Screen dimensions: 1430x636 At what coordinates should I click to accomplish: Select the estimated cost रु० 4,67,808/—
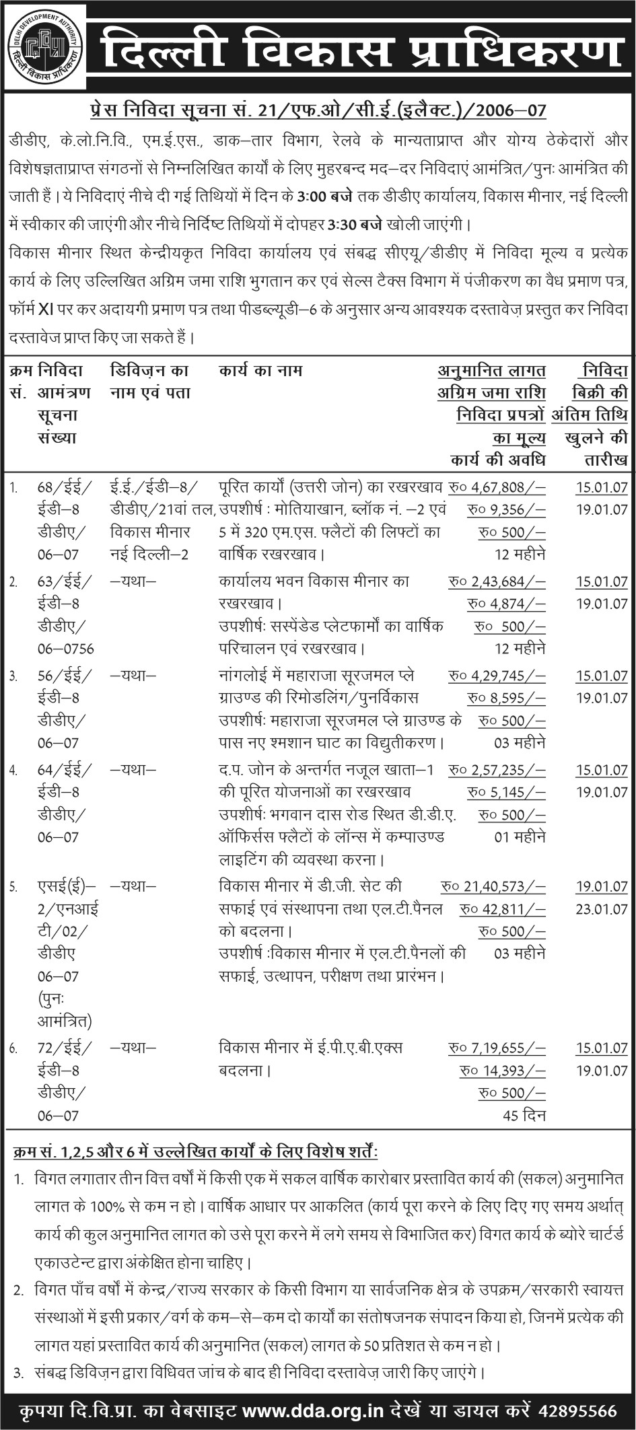click(497, 487)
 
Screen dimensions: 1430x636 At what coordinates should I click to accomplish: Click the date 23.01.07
click(602, 909)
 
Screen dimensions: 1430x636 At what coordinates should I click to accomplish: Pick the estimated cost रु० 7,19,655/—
click(497, 1048)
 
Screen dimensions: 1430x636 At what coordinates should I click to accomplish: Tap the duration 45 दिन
click(524, 1116)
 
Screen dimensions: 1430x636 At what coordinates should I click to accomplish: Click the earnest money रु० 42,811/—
click(502, 909)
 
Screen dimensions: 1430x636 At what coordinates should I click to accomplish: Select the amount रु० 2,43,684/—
click(497, 581)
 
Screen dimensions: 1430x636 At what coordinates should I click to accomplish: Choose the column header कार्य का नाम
click(260, 370)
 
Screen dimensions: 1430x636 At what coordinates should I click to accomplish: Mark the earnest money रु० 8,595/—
click(506, 698)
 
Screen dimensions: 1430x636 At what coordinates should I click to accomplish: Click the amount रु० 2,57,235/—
click(497, 770)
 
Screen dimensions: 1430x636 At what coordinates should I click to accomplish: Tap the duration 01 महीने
click(520, 837)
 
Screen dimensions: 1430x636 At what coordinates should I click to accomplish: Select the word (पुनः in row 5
click(50, 999)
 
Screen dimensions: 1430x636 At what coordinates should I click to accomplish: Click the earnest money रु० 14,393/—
click(502, 1071)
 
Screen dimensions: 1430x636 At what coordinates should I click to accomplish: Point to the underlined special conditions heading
click(195, 1152)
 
